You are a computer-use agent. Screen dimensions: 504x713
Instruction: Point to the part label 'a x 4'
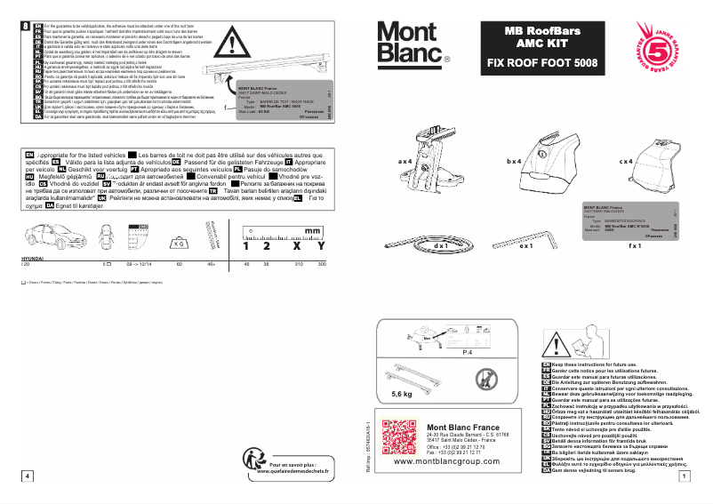(x=405, y=162)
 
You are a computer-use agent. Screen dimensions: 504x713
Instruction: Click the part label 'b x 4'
(x=514, y=162)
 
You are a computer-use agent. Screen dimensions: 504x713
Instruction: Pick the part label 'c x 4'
(x=625, y=162)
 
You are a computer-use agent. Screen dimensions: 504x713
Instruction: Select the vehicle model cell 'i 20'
(x=25, y=265)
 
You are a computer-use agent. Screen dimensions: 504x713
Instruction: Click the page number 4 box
(x=29, y=476)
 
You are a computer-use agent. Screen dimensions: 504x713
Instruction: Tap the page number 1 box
(x=680, y=476)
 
